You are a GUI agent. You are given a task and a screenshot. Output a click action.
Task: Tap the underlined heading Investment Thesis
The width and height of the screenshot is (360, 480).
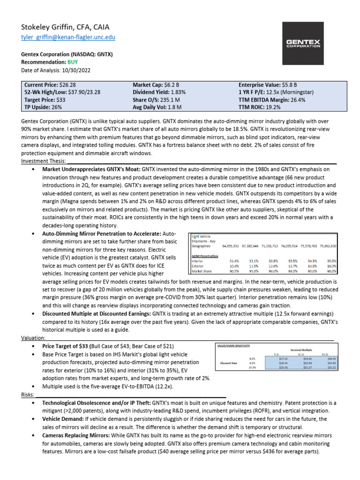[42, 161]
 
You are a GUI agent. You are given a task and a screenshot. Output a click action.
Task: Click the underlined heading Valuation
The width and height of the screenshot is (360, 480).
[33, 338]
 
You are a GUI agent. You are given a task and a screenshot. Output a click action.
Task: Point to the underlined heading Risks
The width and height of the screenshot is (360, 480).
[29, 395]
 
